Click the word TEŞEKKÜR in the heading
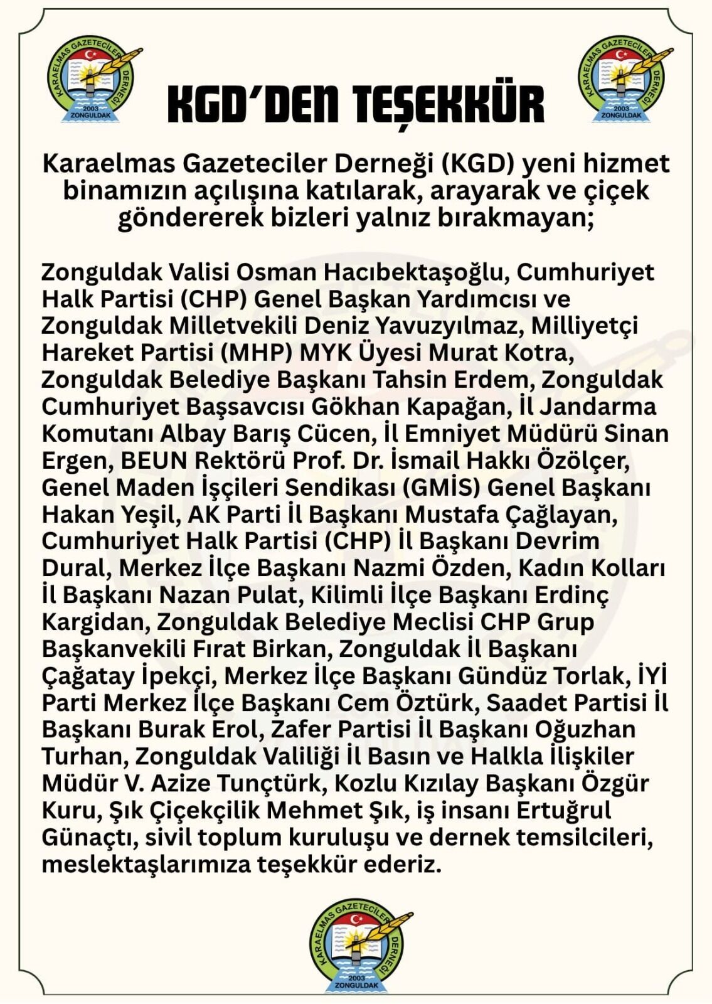(449, 104)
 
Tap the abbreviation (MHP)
(257, 353)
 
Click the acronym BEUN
(154, 461)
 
